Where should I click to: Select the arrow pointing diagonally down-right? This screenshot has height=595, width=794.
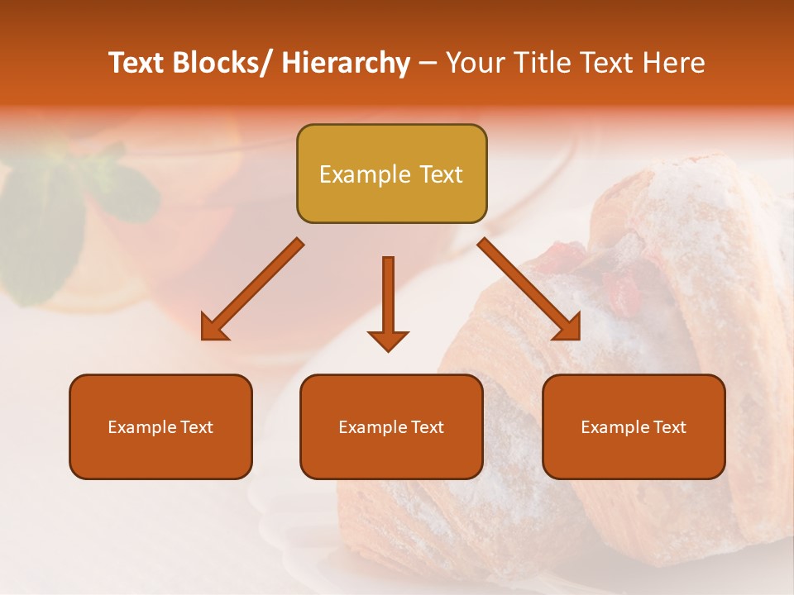[530, 290]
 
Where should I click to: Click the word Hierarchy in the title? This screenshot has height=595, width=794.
[346, 63]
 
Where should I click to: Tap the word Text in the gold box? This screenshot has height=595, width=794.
[440, 174]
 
